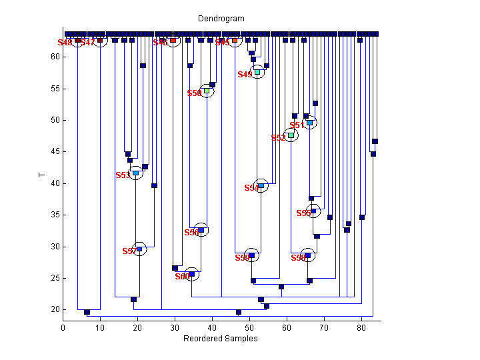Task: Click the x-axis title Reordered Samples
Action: [x=220, y=338]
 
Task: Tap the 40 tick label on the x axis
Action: [x=212, y=327]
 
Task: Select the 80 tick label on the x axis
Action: [x=361, y=327]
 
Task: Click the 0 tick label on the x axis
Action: [x=63, y=327]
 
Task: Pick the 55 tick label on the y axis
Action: [x=54, y=89]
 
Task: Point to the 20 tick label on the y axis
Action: [x=54, y=310]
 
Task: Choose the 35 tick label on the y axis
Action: [x=54, y=215]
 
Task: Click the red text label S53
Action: [x=123, y=175]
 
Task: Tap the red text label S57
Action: [x=129, y=251]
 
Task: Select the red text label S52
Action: [x=278, y=138]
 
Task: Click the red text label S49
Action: [x=245, y=75]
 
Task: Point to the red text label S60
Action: [x=182, y=277]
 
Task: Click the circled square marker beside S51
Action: [x=309, y=123]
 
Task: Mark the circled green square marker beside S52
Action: [x=291, y=135]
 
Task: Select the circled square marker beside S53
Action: [x=135, y=173]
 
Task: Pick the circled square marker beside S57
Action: [x=139, y=249]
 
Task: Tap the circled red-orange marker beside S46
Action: [x=173, y=41]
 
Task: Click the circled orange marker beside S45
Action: [x=235, y=41]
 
